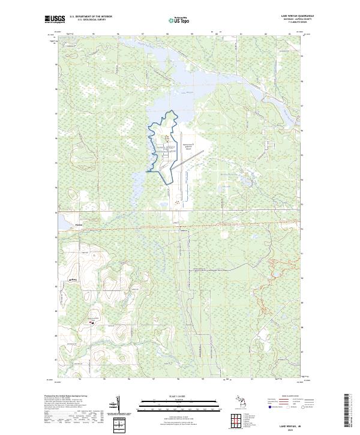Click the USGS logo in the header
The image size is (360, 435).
(55, 19)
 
